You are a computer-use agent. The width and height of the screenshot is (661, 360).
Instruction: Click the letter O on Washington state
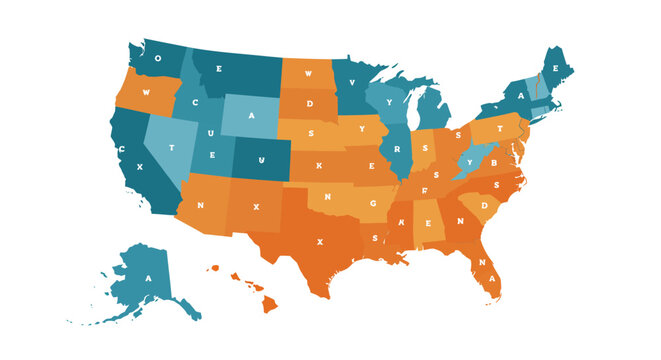[x=160, y=58]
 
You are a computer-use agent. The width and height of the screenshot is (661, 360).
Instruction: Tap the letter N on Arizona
[x=201, y=205]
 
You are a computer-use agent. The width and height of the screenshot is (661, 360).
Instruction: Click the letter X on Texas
[x=320, y=241]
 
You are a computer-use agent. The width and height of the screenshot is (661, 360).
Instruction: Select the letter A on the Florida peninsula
[x=483, y=264]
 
